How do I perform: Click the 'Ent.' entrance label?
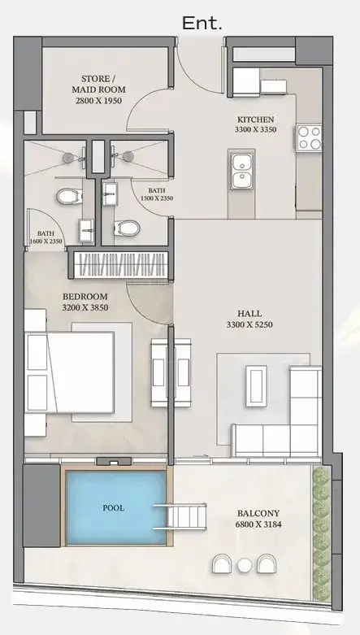click(202, 23)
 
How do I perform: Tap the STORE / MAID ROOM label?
click(98, 84)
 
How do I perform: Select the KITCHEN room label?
click(255, 120)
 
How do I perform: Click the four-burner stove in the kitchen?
click(310, 138)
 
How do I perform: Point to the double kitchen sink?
click(241, 169)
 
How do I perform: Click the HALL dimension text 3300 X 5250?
click(249, 324)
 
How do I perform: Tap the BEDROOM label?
click(85, 297)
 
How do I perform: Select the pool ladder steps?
click(180, 516)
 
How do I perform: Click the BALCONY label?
click(258, 513)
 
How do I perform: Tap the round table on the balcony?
click(245, 565)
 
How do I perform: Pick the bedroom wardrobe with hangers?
click(120, 265)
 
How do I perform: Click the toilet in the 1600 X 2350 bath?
click(69, 197)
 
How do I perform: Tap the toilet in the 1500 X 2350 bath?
click(126, 228)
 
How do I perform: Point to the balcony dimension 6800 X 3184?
click(258, 524)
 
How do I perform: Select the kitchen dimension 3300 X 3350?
click(255, 130)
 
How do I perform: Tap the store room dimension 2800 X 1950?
click(98, 100)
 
